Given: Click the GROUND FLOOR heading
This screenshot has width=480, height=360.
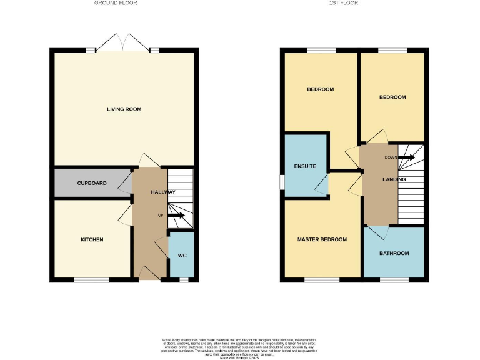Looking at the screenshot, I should click(116, 3).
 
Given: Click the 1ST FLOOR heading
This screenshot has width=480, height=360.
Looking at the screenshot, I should click(344, 3).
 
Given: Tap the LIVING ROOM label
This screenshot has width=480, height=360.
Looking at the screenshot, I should click(124, 109).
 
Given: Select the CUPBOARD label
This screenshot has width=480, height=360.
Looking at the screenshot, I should click(92, 183).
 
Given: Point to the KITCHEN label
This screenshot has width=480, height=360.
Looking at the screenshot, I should click(92, 240).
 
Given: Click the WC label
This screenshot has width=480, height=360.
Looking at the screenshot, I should click(182, 256).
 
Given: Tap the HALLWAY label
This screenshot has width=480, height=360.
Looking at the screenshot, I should click(163, 192).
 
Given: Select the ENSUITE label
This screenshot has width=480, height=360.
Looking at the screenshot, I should click(305, 166).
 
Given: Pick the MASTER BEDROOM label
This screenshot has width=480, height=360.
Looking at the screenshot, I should click(322, 240).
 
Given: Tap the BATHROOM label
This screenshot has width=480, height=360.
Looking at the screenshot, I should click(395, 253).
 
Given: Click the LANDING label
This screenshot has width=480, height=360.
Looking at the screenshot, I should click(394, 179).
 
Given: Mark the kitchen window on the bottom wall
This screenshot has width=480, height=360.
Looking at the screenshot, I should click(92, 280).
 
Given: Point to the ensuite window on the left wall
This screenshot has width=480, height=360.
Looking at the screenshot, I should click(281, 181).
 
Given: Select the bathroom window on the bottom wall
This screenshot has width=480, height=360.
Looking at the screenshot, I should click(394, 280).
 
